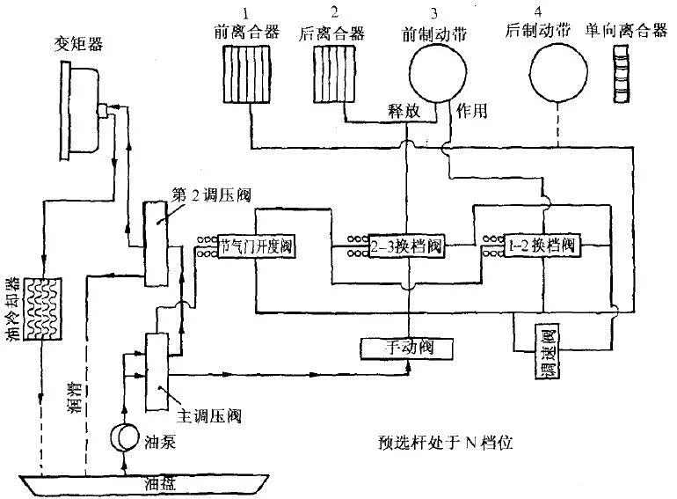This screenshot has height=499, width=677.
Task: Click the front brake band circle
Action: (433, 74)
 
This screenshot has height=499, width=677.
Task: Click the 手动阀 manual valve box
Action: (405, 348)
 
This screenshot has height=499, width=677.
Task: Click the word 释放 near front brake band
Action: (407, 112)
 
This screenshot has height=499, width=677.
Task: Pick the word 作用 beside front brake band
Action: (473, 112)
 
